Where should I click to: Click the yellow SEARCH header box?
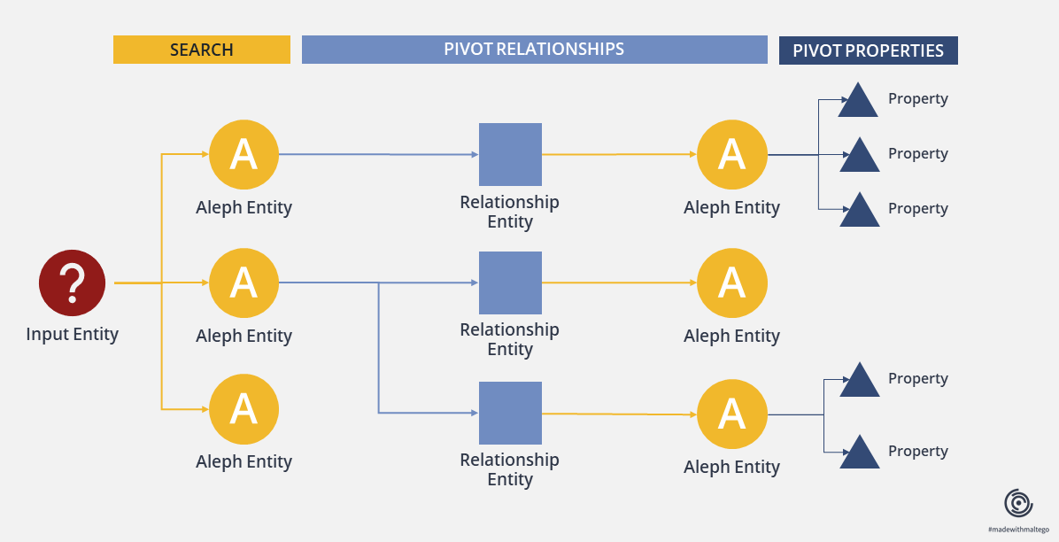pyautogui.click(x=201, y=50)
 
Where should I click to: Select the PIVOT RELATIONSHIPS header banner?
pyautogui.click(x=534, y=50)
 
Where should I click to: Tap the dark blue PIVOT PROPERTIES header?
pyautogui.click(x=868, y=50)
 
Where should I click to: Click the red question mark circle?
pyautogui.click(x=73, y=283)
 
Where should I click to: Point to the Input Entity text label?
pyautogui.click(x=73, y=335)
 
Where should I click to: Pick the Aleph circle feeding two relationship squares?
pyautogui.click(x=243, y=283)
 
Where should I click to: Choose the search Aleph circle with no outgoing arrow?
pyautogui.click(x=243, y=409)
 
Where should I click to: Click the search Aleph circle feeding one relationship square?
pyautogui.click(x=243, y=154)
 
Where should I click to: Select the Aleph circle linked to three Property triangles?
pyautogui.click(x=732, y=154)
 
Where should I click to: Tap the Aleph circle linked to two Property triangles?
pyautogui.click(x=732, y=414)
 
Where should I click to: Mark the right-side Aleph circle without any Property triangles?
pyautogui.click(x=732, y=283)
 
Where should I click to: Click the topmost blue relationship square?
pyautogui.click(x=510, y=154)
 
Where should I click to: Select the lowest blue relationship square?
pyautogui.click(x=510, y=413)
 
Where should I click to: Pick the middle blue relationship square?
pyautogui.click(x=510, y=283)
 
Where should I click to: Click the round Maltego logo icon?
pyautogui.click(x=1018, y=504)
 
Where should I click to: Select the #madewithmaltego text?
pyautogui.click(x=1018, y=530)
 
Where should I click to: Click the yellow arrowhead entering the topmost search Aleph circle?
pyautogui.click(x=205, y=154)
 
